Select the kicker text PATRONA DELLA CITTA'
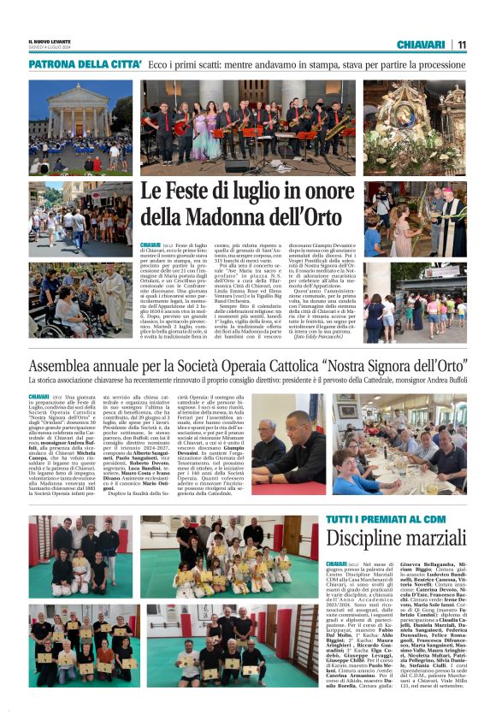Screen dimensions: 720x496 tap(85, 64)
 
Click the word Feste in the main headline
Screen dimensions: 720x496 tap(197, 193)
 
